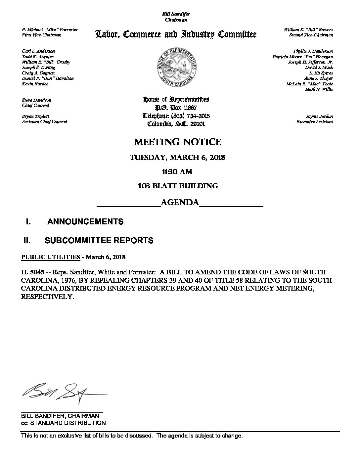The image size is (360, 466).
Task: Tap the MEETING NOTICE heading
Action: click(x=177, y=142)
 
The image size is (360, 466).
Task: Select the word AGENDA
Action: click(x=180, y=203)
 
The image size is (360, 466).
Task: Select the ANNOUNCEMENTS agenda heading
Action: click(x=85, y=222)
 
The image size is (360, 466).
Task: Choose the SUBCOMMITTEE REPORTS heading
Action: click(x=99, y=241)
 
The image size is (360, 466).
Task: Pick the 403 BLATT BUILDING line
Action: click(x=177, y=186)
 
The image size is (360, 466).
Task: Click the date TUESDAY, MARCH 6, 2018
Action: click(x=177, y=158)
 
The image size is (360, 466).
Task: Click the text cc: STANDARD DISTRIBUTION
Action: click(x=64, y=423)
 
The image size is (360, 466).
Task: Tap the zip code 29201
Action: click(x=201, y=124)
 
